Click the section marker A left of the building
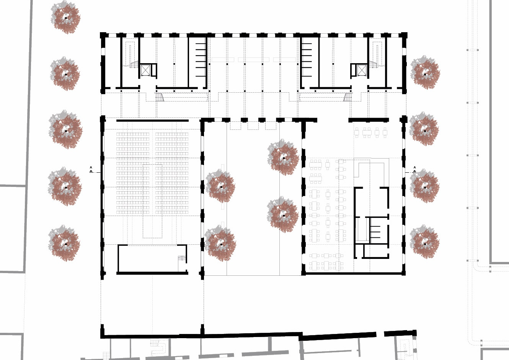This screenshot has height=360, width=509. tap(91, 170)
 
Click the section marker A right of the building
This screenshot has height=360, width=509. tap(414, 170)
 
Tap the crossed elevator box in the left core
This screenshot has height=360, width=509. tap(145, 70)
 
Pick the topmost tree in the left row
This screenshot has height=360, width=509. tap(65, 17)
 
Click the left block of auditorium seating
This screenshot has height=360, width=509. tap(133, 173)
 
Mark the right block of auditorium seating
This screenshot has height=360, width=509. tap(172, 173)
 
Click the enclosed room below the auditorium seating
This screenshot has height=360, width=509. tap(152, 259)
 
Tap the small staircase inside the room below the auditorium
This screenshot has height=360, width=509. tap(182, 259)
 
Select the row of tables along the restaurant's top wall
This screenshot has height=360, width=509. tap(370, 133)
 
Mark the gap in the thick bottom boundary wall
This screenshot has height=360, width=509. tap(380, 334)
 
